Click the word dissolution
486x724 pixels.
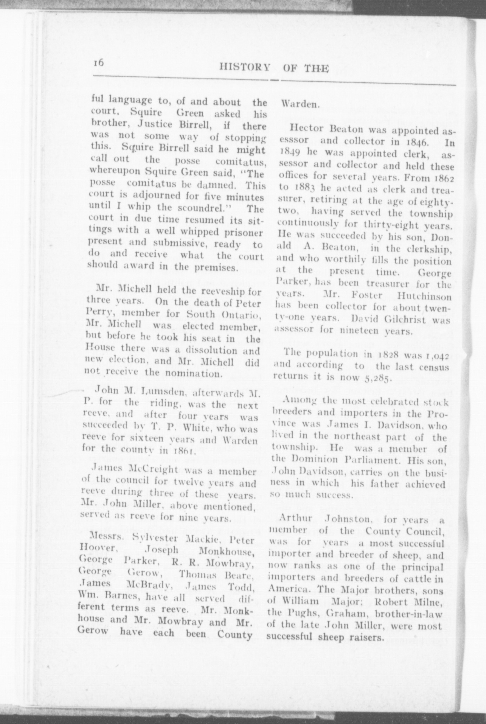click(x=211, y=351)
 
